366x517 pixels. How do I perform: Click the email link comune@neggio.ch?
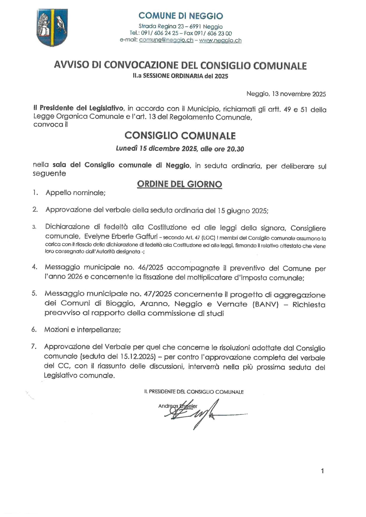166,40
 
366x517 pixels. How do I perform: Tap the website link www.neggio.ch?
220,40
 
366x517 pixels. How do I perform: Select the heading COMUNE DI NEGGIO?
181,16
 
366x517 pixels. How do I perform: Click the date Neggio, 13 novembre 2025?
286,94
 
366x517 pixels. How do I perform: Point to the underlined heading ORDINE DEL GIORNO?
179,184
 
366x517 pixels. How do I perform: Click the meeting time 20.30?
235,149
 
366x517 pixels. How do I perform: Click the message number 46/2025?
150,268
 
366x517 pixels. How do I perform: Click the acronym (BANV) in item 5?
265,304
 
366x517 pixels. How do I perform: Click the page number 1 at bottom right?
322,471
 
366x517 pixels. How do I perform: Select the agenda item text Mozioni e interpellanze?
82,330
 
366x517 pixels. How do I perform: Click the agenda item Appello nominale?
76,193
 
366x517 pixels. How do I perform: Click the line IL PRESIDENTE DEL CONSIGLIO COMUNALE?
194,392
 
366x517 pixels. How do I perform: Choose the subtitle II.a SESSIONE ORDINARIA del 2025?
180,76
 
